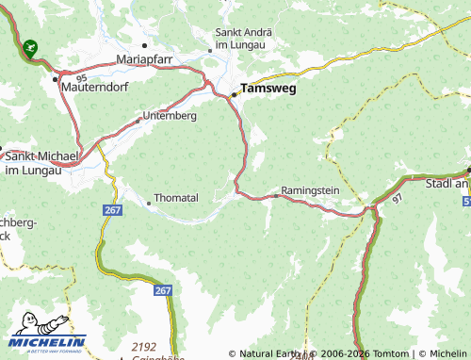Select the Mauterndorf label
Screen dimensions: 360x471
pos(89,89)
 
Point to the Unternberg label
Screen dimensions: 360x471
pos(170,116)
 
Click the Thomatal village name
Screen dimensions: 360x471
pos(176,199)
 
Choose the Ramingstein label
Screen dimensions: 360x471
pos(309,189)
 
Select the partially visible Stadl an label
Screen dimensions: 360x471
pos(447,185)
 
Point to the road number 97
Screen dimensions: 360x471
pos(397,200)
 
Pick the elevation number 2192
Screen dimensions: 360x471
pos(144,346)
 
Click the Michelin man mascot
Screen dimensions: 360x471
pos(25,322)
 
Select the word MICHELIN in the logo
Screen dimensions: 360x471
pos(48,342)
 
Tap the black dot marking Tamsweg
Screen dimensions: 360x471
pos(235,94)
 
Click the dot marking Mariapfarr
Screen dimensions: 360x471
pos(144,44)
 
